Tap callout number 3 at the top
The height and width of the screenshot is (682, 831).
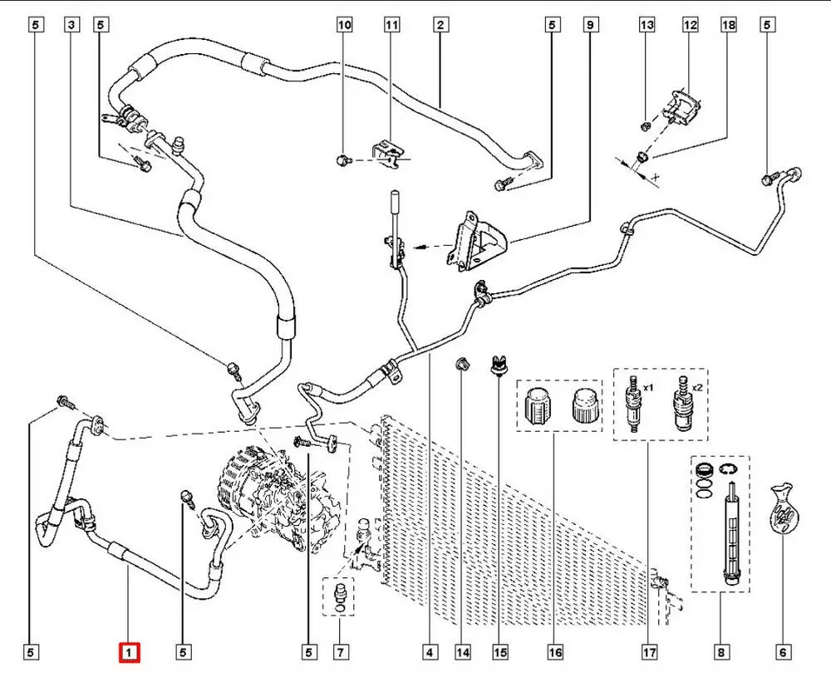(x=72, y=26)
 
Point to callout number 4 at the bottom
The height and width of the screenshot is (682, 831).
(x=430, y=653)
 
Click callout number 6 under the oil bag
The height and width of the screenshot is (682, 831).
(x=782, y=653)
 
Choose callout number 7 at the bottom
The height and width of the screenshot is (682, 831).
(x=338, y=653)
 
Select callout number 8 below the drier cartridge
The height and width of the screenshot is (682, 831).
(x=721, y=653)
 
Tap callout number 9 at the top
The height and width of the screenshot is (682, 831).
(x=590, y=26)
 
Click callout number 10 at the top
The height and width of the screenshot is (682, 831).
(x=344, y=26)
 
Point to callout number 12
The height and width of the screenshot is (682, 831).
(x=690, y=26)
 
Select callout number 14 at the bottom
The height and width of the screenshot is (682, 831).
(x=462, y=653)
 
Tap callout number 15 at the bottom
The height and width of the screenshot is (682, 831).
(x=499, y=653)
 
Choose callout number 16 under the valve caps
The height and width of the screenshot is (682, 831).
(x=555, y=653)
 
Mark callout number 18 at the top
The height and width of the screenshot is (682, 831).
(x=729, y=26)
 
